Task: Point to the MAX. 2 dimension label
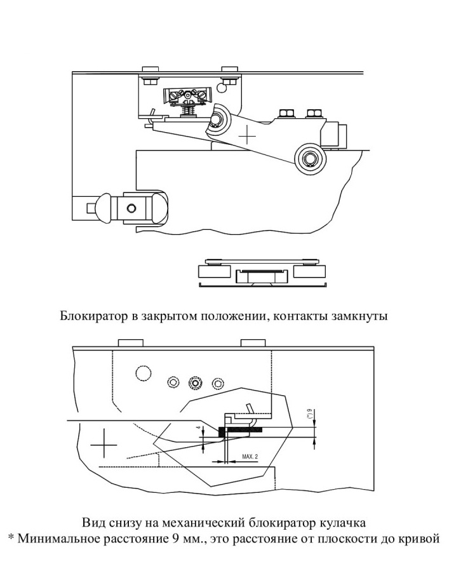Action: pos(250,456)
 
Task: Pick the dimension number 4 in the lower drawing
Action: pos(198,428)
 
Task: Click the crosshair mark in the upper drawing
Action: pos(247,136)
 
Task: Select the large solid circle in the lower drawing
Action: pos(142,373)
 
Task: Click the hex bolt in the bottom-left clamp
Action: pos(130,208)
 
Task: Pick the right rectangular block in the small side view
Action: pos(310,272)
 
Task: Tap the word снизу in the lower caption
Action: pos(120,523)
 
